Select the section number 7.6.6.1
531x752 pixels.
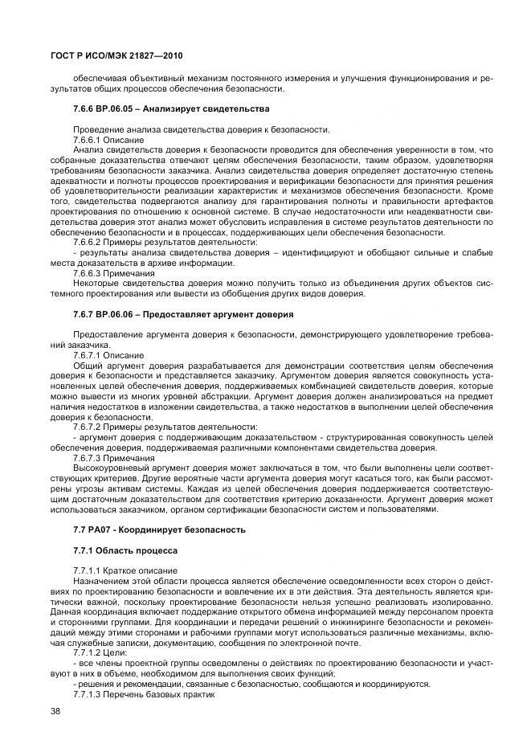(x=88, y=139)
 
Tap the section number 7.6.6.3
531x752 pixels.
(x=88, y=272)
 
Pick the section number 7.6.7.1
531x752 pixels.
(x=88, y=354)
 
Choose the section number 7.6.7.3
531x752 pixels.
(x=88, y=457)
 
